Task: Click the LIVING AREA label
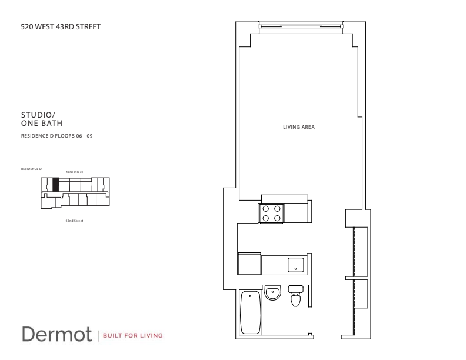point(299,126)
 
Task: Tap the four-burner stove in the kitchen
point(271,213)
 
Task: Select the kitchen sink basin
point(296,265)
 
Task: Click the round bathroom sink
point(272,292)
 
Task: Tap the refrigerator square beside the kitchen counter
point(249,263)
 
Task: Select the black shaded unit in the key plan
point(55,184)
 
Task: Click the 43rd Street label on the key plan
point(74,172)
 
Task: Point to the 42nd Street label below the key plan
point(74,221)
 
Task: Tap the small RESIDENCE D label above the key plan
point(31,168)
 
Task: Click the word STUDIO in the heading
point(35,116)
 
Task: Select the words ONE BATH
point(42,123)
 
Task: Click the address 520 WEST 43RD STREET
point(56,26)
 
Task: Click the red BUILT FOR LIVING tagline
point(132,336)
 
